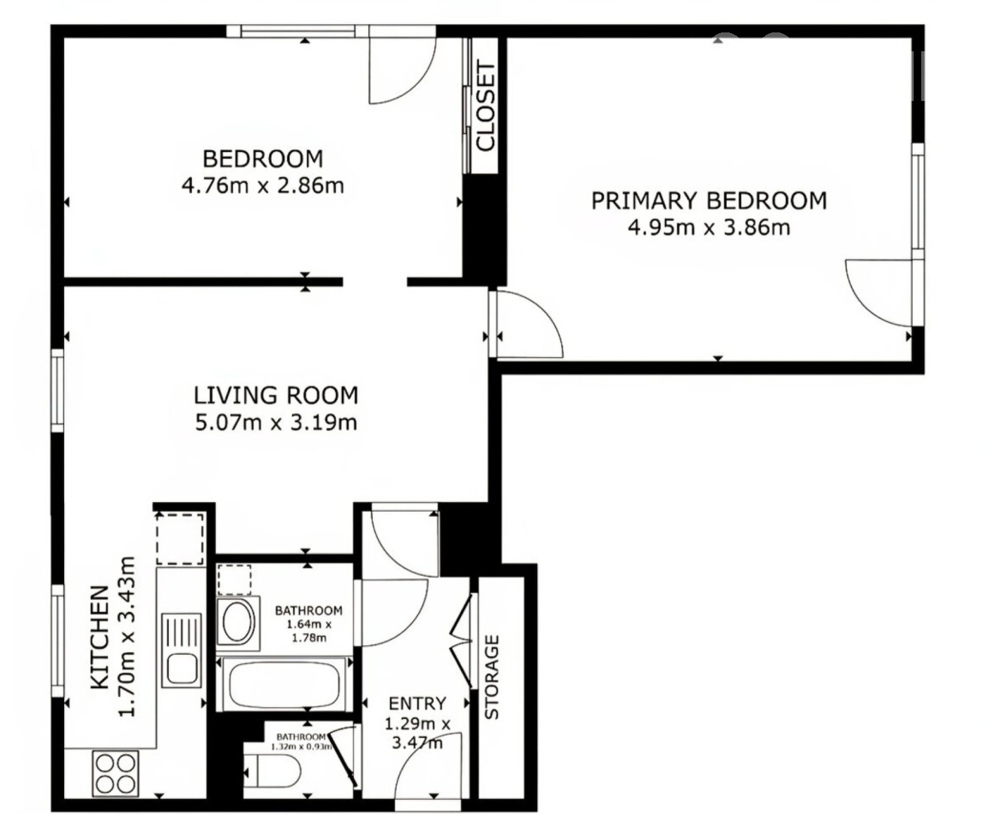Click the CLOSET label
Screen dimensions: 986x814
tap(485, 107)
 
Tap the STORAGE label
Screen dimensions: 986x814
tap(492, 677)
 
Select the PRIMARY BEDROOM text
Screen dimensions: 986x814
tap(709, 200)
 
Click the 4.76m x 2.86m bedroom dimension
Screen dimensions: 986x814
tap(263, 185)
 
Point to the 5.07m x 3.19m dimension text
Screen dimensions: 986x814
tap(276, 422)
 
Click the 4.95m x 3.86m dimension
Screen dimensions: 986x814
tap(709, 228)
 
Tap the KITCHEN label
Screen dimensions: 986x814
tap(99, 638)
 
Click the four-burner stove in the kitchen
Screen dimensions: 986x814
tap(116, 773)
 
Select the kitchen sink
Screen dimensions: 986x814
tap(182, 650)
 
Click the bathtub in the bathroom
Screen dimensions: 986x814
tap(284, 684)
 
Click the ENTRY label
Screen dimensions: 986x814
tap(417, 704)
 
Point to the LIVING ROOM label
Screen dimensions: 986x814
tap(276, 396)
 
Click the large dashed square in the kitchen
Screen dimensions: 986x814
tap(180, 539)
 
